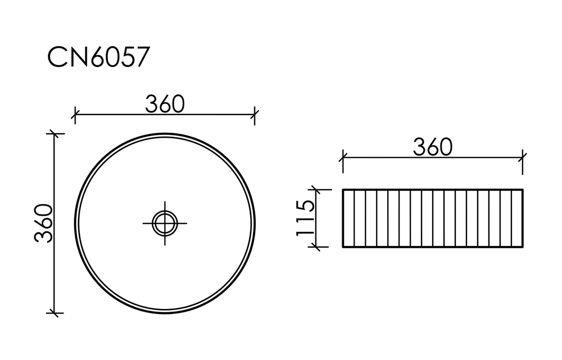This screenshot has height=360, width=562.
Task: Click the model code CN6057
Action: [x=98, y=57]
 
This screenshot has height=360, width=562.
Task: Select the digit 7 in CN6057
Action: [x=141, y=57]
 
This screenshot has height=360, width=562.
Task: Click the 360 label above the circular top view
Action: [x=165, y=103]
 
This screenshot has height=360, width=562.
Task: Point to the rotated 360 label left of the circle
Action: [x=43, y=223]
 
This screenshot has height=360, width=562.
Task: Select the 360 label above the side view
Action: [x=433, y=147]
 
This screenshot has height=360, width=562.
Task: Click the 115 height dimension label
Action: [x=306, y=218]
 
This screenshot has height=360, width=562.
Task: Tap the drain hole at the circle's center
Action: [x=165, y=223]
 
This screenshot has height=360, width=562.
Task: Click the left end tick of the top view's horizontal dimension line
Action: [x=74, y=115]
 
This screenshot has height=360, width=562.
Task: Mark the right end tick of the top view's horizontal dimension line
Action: [x=255, y=115]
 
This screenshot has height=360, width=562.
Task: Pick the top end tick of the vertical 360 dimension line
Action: [x=54, y=134]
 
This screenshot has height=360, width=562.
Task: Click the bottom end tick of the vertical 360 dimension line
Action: [x=54, y=313]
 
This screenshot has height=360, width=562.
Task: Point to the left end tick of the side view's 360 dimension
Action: [x=343, y=158]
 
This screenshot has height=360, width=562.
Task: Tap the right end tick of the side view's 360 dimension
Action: [x=523, y=158]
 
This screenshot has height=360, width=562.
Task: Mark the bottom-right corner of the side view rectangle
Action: [x=523, y=247]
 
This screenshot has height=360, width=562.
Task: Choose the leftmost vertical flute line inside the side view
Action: [x=354, y=218]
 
